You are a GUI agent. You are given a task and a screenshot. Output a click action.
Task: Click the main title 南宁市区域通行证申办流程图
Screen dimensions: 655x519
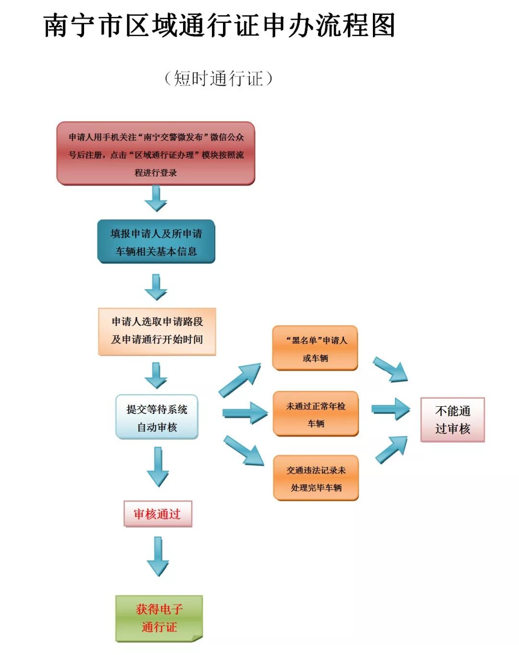220,25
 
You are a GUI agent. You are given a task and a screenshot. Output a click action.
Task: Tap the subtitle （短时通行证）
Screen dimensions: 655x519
219,78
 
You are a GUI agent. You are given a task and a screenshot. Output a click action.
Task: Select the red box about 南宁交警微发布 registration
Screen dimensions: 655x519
156,154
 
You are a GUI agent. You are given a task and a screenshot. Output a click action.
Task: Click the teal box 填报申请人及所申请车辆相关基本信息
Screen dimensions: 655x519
156,242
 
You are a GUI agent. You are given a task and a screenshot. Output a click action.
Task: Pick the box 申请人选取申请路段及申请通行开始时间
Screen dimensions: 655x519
157,331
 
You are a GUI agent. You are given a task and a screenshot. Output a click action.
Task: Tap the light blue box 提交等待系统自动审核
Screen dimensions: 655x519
157,417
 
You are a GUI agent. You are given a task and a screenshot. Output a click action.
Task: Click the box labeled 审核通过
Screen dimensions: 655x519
158,514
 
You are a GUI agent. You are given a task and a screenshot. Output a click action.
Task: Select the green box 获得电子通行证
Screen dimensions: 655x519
159,619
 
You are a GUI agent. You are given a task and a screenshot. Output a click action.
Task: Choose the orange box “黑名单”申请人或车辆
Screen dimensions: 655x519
315,349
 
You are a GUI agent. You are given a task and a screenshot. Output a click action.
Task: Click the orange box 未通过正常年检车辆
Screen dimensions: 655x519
316,414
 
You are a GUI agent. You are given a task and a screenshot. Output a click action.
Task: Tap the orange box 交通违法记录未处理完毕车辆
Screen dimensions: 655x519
316,478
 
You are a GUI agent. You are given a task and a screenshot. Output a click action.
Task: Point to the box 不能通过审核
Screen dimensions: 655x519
452,420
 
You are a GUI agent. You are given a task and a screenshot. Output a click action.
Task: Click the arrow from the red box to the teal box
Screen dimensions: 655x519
156,198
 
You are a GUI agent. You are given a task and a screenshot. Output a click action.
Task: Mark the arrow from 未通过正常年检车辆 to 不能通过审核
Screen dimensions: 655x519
391,409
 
